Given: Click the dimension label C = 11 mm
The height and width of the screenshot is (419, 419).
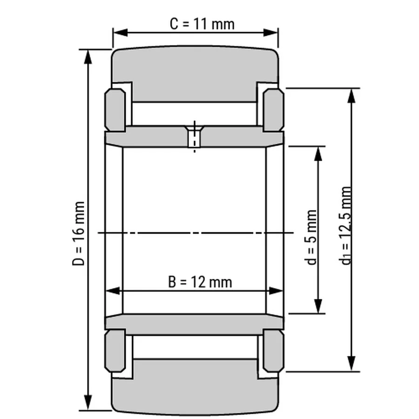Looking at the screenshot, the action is tap(202, 24).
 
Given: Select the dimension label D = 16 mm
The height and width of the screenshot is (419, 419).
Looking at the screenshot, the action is tap(79, 234).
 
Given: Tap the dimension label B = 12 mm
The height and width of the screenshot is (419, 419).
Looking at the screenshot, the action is tap(200, 282).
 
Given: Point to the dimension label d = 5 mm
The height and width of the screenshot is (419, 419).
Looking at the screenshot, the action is tap(311, 237).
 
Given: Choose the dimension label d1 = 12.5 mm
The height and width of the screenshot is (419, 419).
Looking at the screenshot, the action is tap(345, 225).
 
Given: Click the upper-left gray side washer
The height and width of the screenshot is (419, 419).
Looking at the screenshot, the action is tap(115, 110).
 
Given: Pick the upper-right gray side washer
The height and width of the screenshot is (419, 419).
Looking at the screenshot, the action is tap(273, 110).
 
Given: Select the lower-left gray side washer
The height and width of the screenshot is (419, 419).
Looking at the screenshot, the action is tap(115, 351).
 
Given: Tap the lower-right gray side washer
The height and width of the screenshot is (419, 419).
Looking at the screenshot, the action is tap(273, 351).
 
